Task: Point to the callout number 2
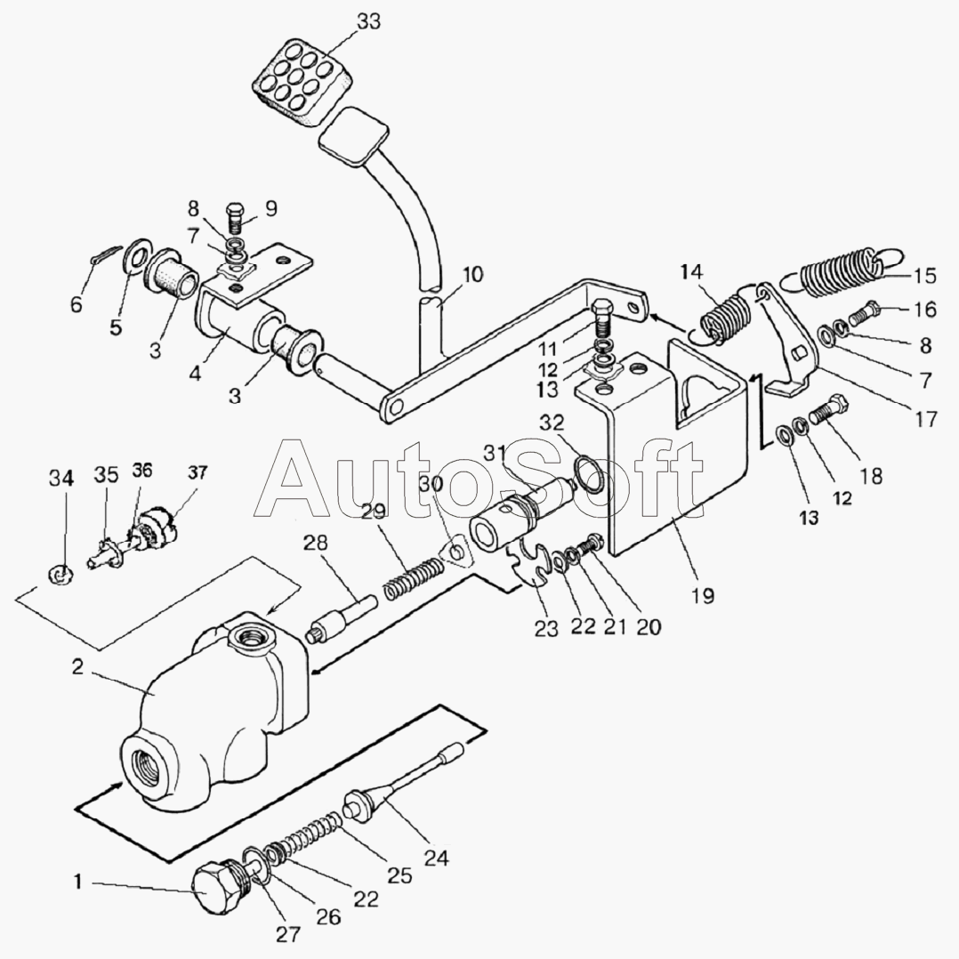pyautogui.click(x=78, y=667)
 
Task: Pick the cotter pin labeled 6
pyautogui.click(x=103, y=260)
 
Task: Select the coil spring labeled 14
pyautogui.click(x=724, y=316)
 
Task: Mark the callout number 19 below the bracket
pyautogui.click(x=702, y=595)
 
